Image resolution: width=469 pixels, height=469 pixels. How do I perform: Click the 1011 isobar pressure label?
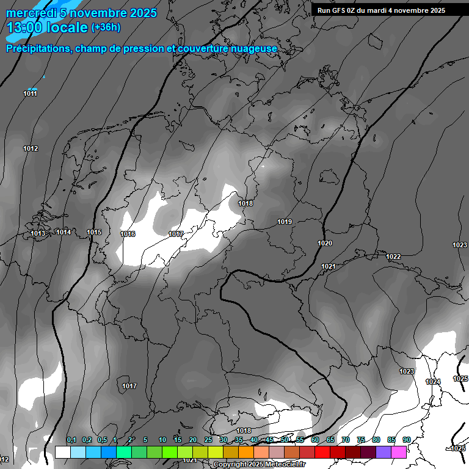click(x=31, y=93)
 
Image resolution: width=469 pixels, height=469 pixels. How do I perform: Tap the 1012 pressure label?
click(x=31, y=148)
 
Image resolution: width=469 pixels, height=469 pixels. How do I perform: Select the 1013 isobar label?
click(x=38, y=233)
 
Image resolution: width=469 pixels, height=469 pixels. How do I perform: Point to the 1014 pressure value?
click(x=64, y=232)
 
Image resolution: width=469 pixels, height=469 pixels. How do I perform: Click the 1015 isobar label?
click(x=94, y=232)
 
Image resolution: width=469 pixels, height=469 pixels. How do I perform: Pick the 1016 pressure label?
click(x=128, y=234)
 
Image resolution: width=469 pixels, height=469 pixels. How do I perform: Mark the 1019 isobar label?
click(x=285, y=222)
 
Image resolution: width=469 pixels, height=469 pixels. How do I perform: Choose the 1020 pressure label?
click(x=325, y=243)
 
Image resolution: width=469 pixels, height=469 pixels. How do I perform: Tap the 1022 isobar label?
click(x=393, y=256)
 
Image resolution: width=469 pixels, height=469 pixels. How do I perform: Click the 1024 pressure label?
click(x=433, y=382)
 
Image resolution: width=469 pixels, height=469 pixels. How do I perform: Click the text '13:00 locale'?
click(x=48, y=27)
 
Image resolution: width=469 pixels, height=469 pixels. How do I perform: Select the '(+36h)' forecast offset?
click(x=106, y=27)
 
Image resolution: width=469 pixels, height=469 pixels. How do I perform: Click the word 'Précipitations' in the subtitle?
click(x=37, y=48)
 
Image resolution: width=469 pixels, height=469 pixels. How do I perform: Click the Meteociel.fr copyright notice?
click(x=260, y=464)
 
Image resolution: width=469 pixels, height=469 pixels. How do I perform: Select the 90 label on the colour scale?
click(x=406, y=440)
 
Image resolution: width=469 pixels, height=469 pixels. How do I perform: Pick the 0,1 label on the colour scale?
click(x=71, y=440)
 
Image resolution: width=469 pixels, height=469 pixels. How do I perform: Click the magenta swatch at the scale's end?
click(x=399, y=452)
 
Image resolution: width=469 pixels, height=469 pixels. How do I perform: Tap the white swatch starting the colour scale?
click(x=62, y=452)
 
